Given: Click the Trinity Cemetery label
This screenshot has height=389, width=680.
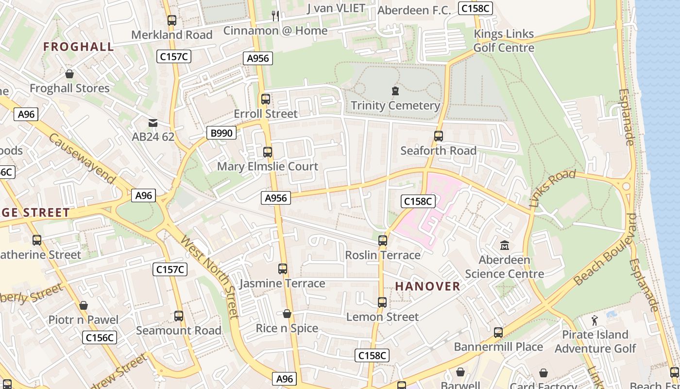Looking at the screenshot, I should click(395, 106).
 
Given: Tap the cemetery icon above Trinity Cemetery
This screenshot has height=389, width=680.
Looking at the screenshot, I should click(395, 91).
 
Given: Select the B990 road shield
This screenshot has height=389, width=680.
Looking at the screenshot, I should click(221, 133).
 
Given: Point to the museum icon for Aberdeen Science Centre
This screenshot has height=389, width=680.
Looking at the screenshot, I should click(505, 246).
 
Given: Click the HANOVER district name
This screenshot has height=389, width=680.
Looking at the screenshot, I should click(427, 286).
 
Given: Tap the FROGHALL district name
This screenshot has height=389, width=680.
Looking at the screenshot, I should click(79, 47).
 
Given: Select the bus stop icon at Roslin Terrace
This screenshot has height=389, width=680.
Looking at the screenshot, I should click(383, 241).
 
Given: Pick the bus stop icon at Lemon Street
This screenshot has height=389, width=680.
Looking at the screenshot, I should click(382, 302).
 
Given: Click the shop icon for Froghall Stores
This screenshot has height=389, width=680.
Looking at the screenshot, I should click(69, 74).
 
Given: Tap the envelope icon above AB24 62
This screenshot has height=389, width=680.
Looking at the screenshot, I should click(153, 123).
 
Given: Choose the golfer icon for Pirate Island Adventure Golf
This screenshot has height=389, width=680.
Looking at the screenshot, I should click(595, 320).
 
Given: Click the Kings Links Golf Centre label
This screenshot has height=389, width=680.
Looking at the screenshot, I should click(504, 41).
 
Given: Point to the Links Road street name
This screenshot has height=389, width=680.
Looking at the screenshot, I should click(552, 189).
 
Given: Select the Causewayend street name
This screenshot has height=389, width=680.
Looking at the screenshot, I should click(83, 159).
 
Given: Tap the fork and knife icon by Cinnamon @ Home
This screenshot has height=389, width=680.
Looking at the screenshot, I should click(275, 16).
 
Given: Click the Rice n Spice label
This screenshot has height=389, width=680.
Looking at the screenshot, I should click(287, 328).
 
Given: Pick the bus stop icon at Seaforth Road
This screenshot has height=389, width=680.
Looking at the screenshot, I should click(439, 136).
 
